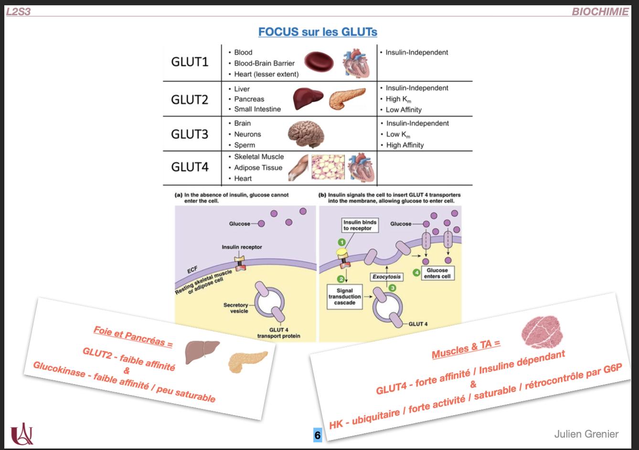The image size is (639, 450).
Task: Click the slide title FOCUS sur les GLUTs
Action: click(x=318, y=32)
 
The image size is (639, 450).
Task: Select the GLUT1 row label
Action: click(x=190, y=62)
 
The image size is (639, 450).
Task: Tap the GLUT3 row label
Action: click(x=190, y=134)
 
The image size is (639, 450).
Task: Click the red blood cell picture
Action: click(x=319, y=62)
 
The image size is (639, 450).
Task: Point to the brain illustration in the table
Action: click(x=306, y=133)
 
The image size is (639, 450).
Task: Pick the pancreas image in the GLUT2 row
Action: click(x=347, y=98)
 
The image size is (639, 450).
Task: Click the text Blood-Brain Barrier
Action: click(x=264, y=63)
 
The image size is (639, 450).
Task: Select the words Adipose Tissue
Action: click(x=258, y=168)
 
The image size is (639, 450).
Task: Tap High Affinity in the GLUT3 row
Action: click(x=405, y=145)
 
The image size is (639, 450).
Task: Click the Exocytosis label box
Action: click(x=387, y=277)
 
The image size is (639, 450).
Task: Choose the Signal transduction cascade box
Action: click(x=345, y=296)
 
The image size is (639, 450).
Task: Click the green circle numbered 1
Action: click(x=341, y=242)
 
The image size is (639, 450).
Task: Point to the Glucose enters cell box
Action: click(x=437, y=273)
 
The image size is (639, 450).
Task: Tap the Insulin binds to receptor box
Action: click(x=360, y=225)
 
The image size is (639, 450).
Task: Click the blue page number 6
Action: click(x=318, y=435)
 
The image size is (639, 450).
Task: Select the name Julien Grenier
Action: click(x=586, y=434)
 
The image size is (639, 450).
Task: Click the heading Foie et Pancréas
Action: click(x=133, y=336)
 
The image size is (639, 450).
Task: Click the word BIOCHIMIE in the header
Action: click(x=600, y=12)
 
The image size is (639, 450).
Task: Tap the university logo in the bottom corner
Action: click(x=22, y=433)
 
